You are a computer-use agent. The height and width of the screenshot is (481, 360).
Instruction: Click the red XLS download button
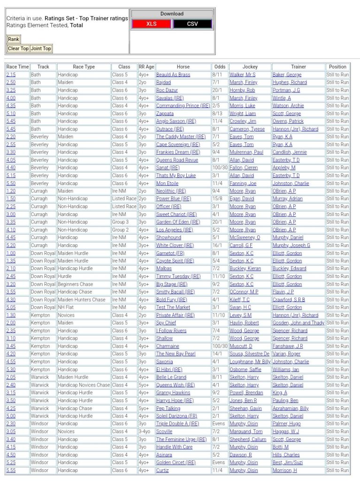click(x=151, y=24)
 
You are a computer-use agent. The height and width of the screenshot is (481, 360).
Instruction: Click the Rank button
click(x=14, y=39)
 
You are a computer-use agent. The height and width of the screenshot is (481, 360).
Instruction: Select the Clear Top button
click(x=18, y=48)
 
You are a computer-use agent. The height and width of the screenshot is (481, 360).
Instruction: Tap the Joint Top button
click(x=41, y=48)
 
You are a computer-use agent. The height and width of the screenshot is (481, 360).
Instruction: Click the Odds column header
click(x=219, y=67)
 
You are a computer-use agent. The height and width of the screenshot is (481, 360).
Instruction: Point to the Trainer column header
click(x=298, y=67)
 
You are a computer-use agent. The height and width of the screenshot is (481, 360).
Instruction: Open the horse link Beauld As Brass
click(x=173, y=75)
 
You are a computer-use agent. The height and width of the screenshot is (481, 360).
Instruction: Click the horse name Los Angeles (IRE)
click(x=175, y=230)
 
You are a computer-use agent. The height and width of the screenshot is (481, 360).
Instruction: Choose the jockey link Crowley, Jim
click(x=242, y=121)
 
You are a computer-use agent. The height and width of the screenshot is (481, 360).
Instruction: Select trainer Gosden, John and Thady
click(x=298, y=323)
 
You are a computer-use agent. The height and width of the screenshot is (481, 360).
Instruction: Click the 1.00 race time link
click(x=10, y=253)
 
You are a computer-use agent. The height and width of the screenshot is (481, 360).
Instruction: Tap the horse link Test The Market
click(x=173, y=307)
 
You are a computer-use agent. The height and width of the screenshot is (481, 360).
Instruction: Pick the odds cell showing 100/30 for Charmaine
click(x=219, y=346)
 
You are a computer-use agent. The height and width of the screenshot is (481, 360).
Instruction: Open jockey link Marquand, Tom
click(x=246, y=431)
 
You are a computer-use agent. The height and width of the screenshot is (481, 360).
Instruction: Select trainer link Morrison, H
click(x=285, y=470)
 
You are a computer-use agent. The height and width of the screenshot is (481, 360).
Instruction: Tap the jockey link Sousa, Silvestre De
click(x=249, y=354)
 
